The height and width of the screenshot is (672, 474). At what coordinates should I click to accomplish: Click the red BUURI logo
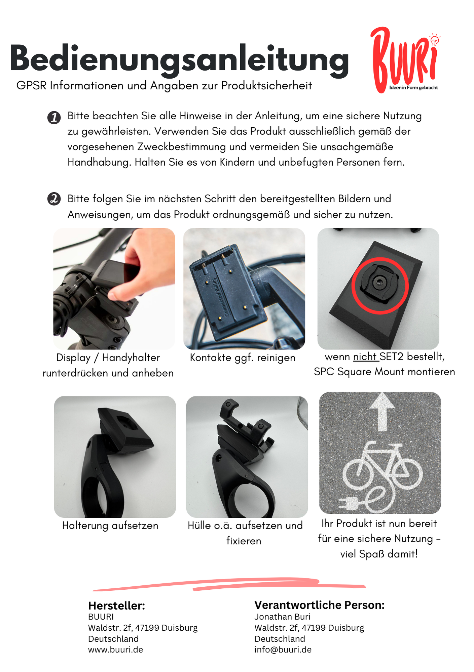click(x=405, y=60)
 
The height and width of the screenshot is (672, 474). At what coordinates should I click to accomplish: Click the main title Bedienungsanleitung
click(x=180, y=59)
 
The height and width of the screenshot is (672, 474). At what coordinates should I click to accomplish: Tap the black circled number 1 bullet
click(x=54, y=118)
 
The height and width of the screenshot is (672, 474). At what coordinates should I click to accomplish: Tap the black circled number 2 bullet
click(x=54, y=199)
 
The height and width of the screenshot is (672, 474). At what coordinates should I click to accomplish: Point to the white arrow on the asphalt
click(x=382, y=412)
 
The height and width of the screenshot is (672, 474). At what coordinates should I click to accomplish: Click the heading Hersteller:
click(x=117, y=605)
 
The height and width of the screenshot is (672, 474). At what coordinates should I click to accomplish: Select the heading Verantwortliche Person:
click(x=319, y=605)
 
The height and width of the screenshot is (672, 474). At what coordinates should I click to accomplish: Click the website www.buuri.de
click(x=116, y=649)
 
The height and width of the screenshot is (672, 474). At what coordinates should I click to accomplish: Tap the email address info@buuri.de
click(x=283, y=649)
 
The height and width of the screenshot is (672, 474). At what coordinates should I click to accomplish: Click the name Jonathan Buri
click(x=282, y=617)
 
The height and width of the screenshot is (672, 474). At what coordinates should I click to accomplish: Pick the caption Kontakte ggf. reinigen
click(x=243, y=358)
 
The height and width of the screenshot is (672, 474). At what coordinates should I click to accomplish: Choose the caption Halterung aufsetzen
click(x=110, y=525)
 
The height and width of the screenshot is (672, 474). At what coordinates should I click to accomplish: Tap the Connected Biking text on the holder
click(x=220, y=296)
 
